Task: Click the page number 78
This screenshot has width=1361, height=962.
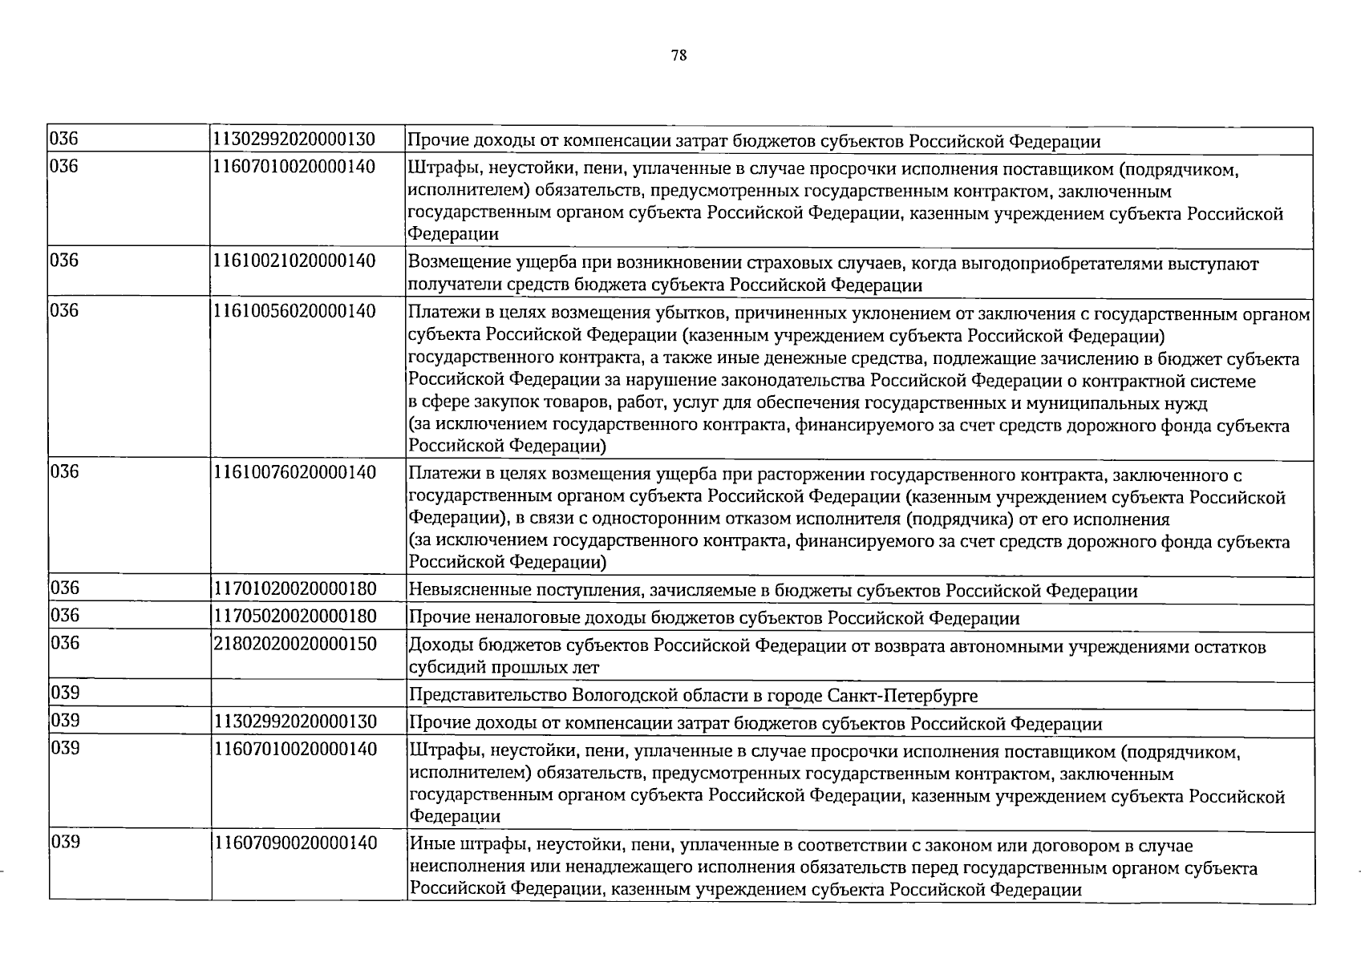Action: tap(678, 55)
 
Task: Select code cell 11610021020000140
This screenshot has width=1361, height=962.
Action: tap(294, 261)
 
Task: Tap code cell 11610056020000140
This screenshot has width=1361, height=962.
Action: tap(294, 310)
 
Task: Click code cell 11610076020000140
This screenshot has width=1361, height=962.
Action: tap(294, 471)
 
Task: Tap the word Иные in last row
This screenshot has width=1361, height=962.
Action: tap(429, 846)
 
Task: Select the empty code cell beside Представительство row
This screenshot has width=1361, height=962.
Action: tap(308, 694)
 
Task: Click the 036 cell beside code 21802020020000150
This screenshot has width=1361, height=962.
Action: tap(65, 643)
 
